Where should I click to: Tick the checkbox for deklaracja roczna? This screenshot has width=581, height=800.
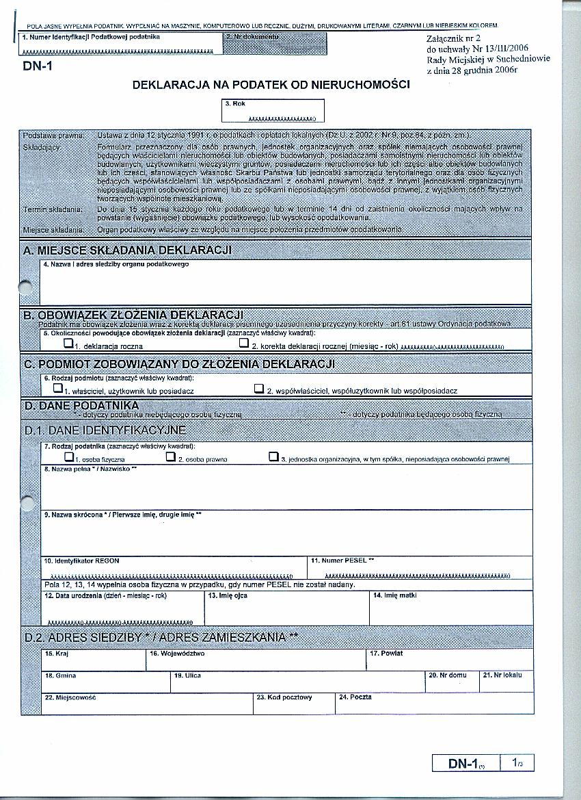(68, 344)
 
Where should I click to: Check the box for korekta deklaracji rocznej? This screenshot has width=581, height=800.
(243, 344)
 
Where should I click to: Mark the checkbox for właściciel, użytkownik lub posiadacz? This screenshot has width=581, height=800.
(57, 388)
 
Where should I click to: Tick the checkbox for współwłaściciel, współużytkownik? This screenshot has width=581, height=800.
(259, 388)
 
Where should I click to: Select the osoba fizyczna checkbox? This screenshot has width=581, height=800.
(68, 456)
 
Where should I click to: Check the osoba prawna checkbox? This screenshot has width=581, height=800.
(171, 456)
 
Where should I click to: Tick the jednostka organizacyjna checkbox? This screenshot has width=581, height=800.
(273, 456)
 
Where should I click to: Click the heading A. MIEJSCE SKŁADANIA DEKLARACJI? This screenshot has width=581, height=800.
(127, 250)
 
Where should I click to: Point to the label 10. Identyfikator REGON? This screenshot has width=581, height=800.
(81, 560)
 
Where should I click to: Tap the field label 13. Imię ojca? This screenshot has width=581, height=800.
(228, 596)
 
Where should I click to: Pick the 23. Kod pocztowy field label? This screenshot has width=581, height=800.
(284, 697)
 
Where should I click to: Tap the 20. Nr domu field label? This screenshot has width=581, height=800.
(448, 675)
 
